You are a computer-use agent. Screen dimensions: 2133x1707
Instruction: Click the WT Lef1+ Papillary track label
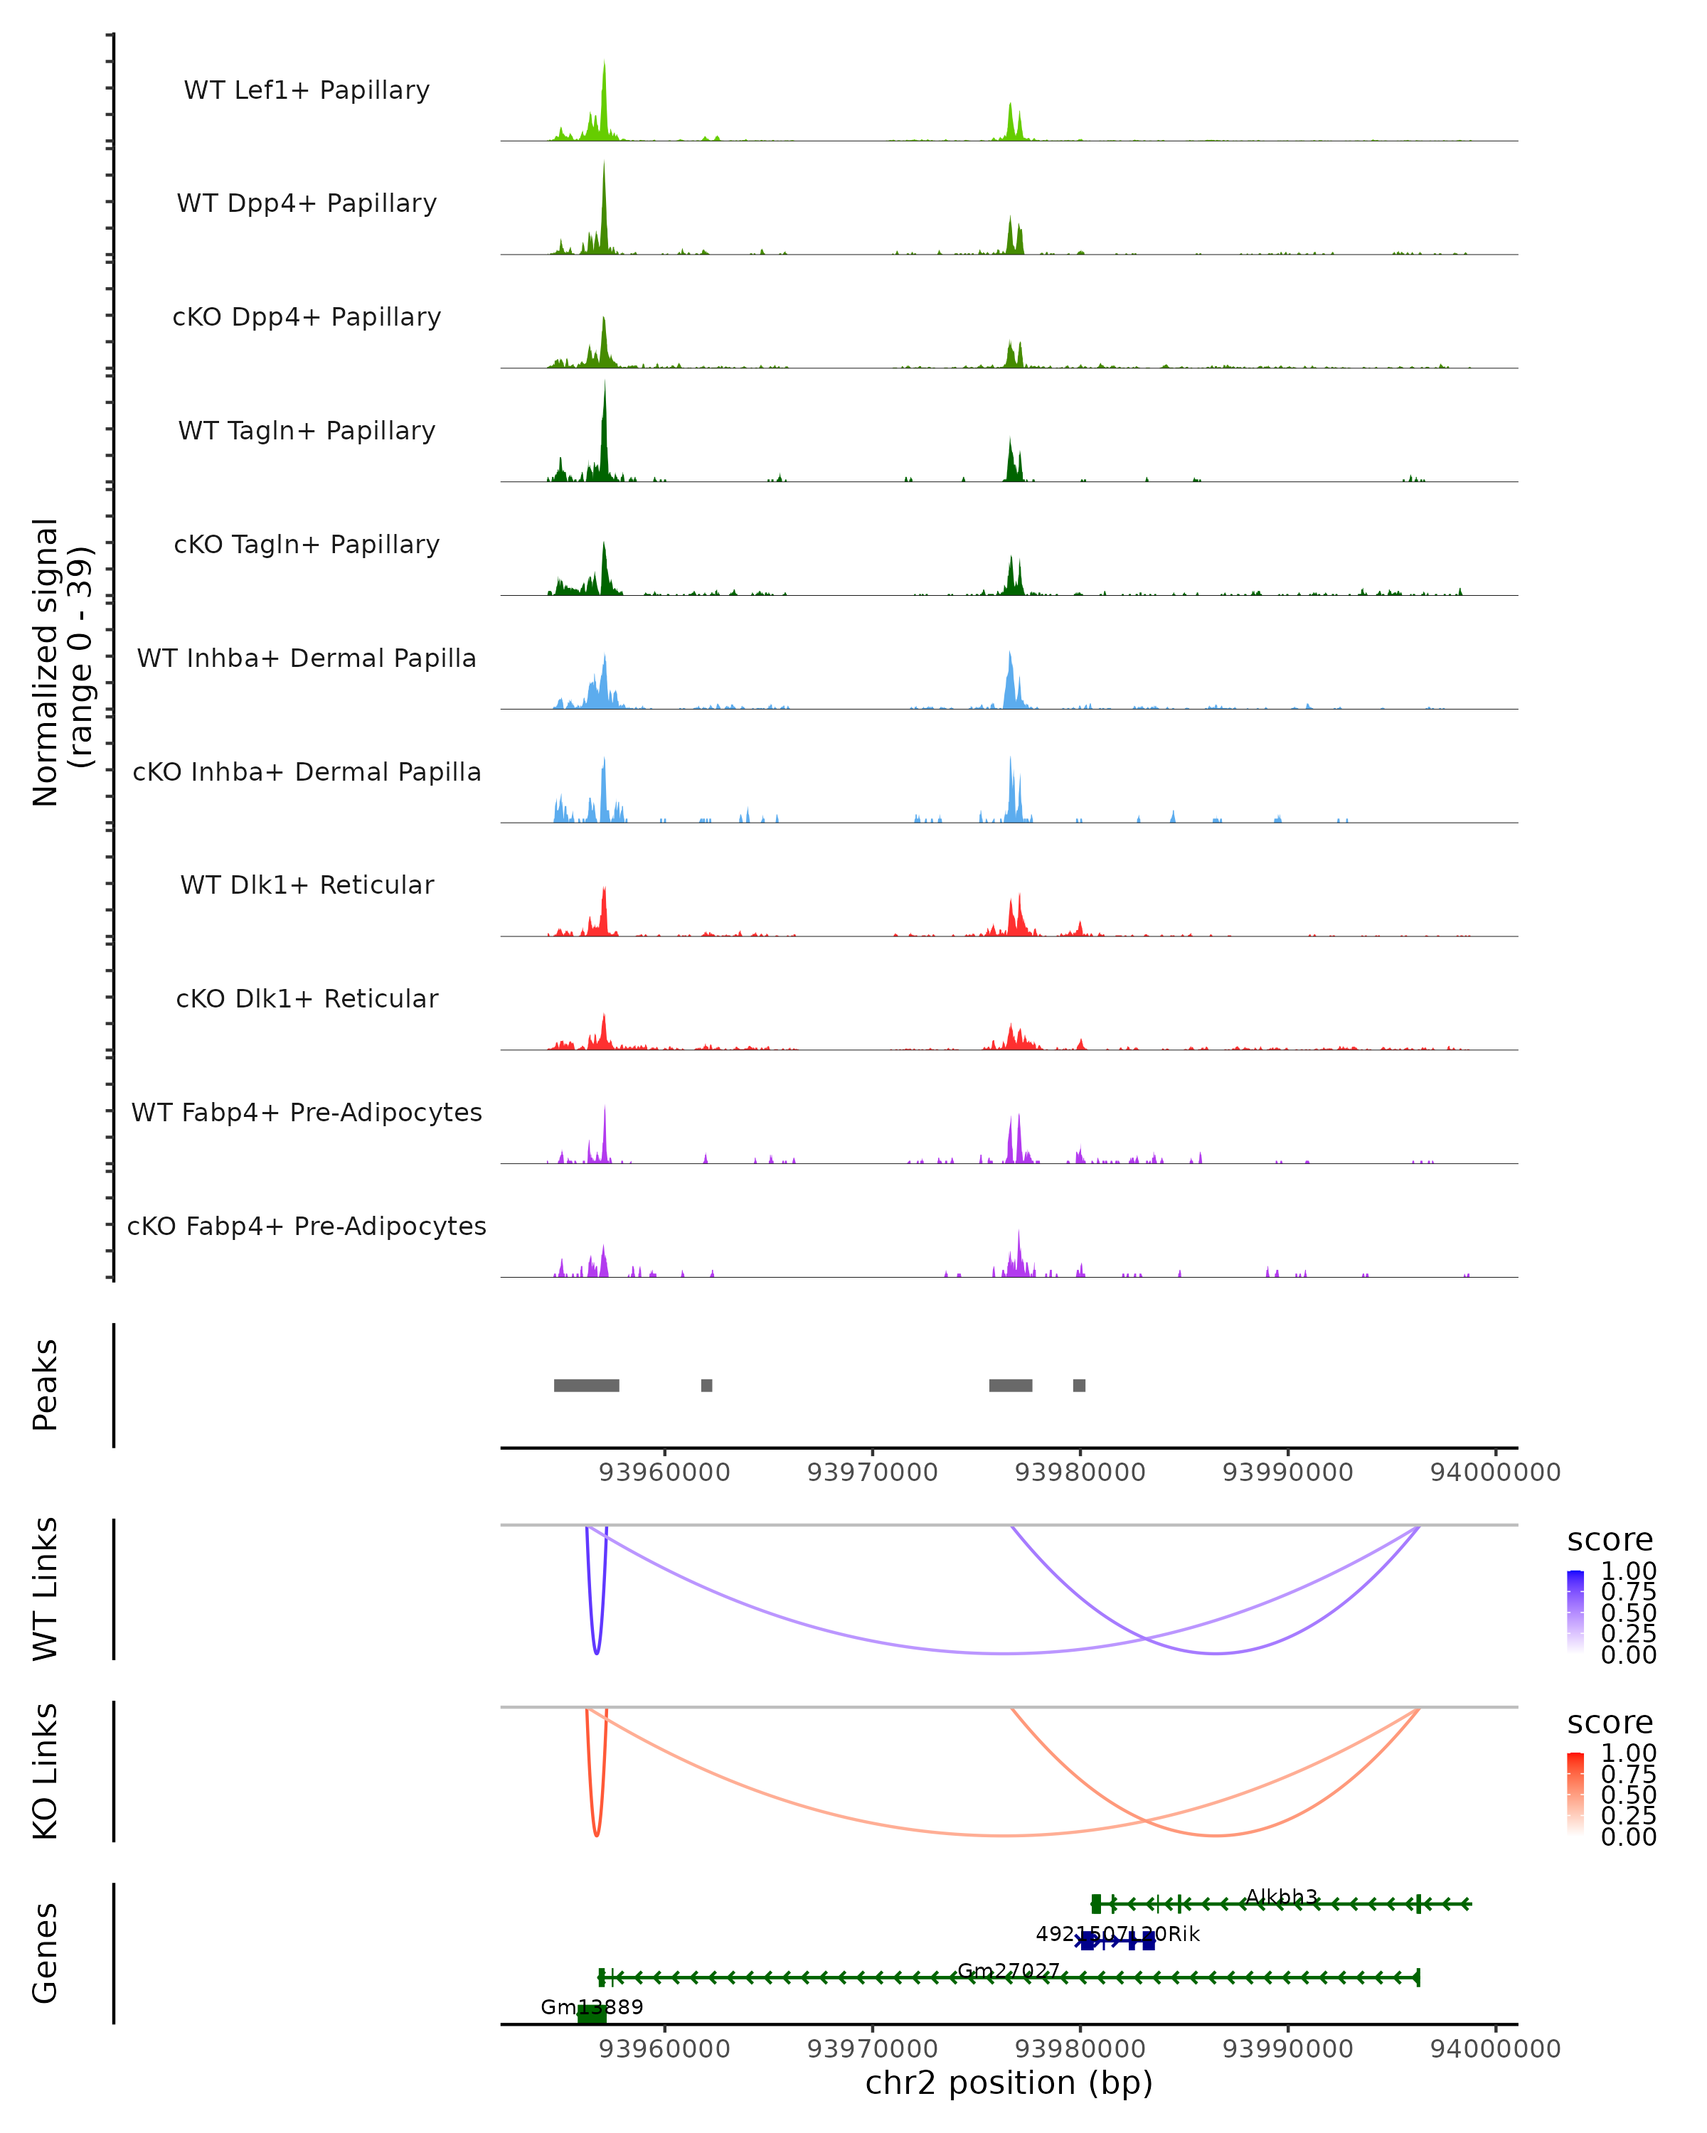pyautogui.click(x=307, y=90)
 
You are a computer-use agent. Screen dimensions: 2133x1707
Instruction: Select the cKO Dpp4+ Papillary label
pyautogui.click(x=307, y=318)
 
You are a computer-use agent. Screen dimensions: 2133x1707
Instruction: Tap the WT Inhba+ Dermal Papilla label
pyautogui.click(x=307, y=659)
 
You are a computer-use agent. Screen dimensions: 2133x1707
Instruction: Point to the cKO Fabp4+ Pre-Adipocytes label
pyautogui.click(x=307, y=1226)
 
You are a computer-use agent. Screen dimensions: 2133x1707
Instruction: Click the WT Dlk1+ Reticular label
pyautogui.click(x=307, y=885)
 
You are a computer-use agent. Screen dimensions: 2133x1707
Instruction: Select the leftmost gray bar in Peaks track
pyautogui.click(x=586, y=1385)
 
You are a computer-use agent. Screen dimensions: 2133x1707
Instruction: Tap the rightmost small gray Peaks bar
pyautogui.click(x=1079, y=1385)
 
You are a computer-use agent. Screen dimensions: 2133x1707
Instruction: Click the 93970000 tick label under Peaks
pyautogui.click(x=872, y=1472)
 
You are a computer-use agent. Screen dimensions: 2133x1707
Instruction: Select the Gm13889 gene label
pyautogui.click(x=592, y=2006)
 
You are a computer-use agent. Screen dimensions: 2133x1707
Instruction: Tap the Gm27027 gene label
pyautogui.click(x=1009, y=1971)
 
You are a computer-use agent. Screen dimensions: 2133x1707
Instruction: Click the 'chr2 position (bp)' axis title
pyautogui.click(x=1009, y=2083)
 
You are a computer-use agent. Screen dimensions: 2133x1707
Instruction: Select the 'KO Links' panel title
pyautogui.click(x=46, y=1771)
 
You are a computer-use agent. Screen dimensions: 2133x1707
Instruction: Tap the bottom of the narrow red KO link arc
pyautogui.click(x=597, y=1834)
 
